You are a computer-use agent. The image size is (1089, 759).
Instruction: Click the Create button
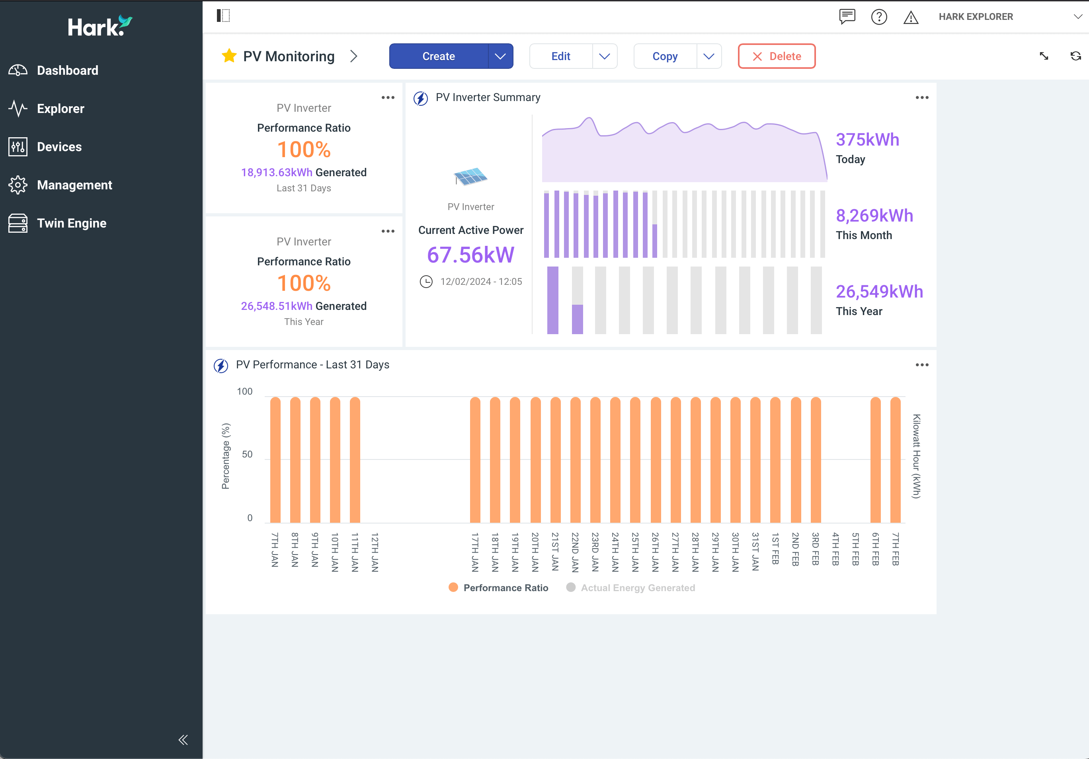[438, 56]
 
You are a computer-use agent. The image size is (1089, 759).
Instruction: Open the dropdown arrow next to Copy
[708, 56]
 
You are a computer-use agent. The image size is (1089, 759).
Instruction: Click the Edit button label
[561, 56]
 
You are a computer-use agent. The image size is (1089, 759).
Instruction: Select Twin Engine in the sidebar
[71, 223]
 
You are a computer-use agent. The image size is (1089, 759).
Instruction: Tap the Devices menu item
[59, 147]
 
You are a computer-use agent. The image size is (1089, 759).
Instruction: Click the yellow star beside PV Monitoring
[229, 56]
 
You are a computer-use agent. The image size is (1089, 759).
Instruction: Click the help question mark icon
[879, 17]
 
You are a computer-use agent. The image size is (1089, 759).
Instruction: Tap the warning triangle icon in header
[911, 18]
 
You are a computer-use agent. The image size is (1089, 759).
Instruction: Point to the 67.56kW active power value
[470, 255]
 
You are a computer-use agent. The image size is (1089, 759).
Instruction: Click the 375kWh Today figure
[867, 140]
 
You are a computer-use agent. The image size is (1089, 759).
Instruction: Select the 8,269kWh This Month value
[874, 216]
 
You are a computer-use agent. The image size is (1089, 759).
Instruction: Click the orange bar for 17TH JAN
[475, 460]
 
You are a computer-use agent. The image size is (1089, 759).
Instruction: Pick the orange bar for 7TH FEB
[896, 460]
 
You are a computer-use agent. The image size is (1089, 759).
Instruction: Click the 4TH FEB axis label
[835, 549]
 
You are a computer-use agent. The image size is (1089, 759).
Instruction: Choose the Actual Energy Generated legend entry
[638, 588]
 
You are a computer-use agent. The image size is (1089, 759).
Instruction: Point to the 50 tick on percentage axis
[247, 454]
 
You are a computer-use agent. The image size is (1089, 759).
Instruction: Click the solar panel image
[470, 176]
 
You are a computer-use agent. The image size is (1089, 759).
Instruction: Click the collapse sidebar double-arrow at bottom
[183, 740]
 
